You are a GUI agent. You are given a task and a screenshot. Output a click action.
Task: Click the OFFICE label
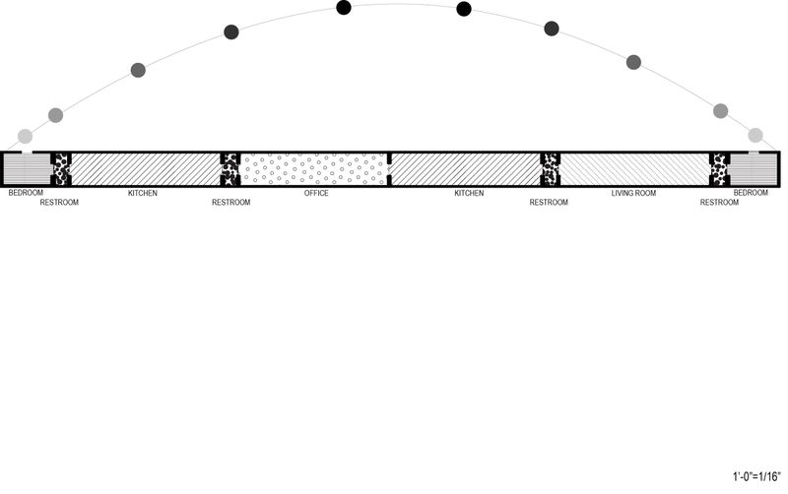pyautogui.click(x=316, y=193)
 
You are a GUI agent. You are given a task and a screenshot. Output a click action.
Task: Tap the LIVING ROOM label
pyautogui.click(x=633, y=193)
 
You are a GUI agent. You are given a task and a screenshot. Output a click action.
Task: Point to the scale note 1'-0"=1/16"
pyautogui.click(x=756, y=476)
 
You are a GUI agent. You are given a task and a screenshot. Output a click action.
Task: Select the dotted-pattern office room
pyautogui.click(x=314, y=169)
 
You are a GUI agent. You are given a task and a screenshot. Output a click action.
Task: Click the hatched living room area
pyautogui.click(x=634, y=169)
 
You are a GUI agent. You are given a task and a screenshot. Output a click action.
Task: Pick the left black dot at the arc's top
pyautogui.click(x=344, y=8)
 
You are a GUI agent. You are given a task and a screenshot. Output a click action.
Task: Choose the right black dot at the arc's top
pyautogui.click(x=464, y=9)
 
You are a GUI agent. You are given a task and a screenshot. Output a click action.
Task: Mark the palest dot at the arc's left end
pyautogui.click(x=26, y=136)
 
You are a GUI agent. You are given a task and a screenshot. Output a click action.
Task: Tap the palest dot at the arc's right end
pyautogui.click(x=755, y=135)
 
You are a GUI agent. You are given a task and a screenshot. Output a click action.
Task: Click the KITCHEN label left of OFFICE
pyautogui.click(x=143, y=193)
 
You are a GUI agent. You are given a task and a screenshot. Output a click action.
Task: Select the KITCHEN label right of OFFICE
pyautogui.click(x=469, y=193)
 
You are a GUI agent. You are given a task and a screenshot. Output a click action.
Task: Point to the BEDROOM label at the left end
pyautogui.click(x=26, y=192)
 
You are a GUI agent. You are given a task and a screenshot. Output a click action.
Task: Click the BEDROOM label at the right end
pyautogui.click(x=751, y=192)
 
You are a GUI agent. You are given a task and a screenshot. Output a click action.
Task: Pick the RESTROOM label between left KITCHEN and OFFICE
pyautogui.click(x=231, y=203)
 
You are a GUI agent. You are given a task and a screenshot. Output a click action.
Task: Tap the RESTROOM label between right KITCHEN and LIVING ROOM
pyautogui.click(x=549, y=203)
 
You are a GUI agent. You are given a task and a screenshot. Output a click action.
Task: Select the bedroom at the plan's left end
pyautogui.click(x=27, y=169)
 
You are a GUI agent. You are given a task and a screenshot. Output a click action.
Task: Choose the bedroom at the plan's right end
pyautogui.click(x=753, y=169)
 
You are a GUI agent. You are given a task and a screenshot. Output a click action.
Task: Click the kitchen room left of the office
pyautogui.click(x=146, y=169)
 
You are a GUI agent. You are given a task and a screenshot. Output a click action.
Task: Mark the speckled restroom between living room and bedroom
pyautogui.click(x=719, y=169)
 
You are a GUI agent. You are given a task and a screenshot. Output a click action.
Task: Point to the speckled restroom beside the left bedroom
pyautogui.click(x=61, y=169)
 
